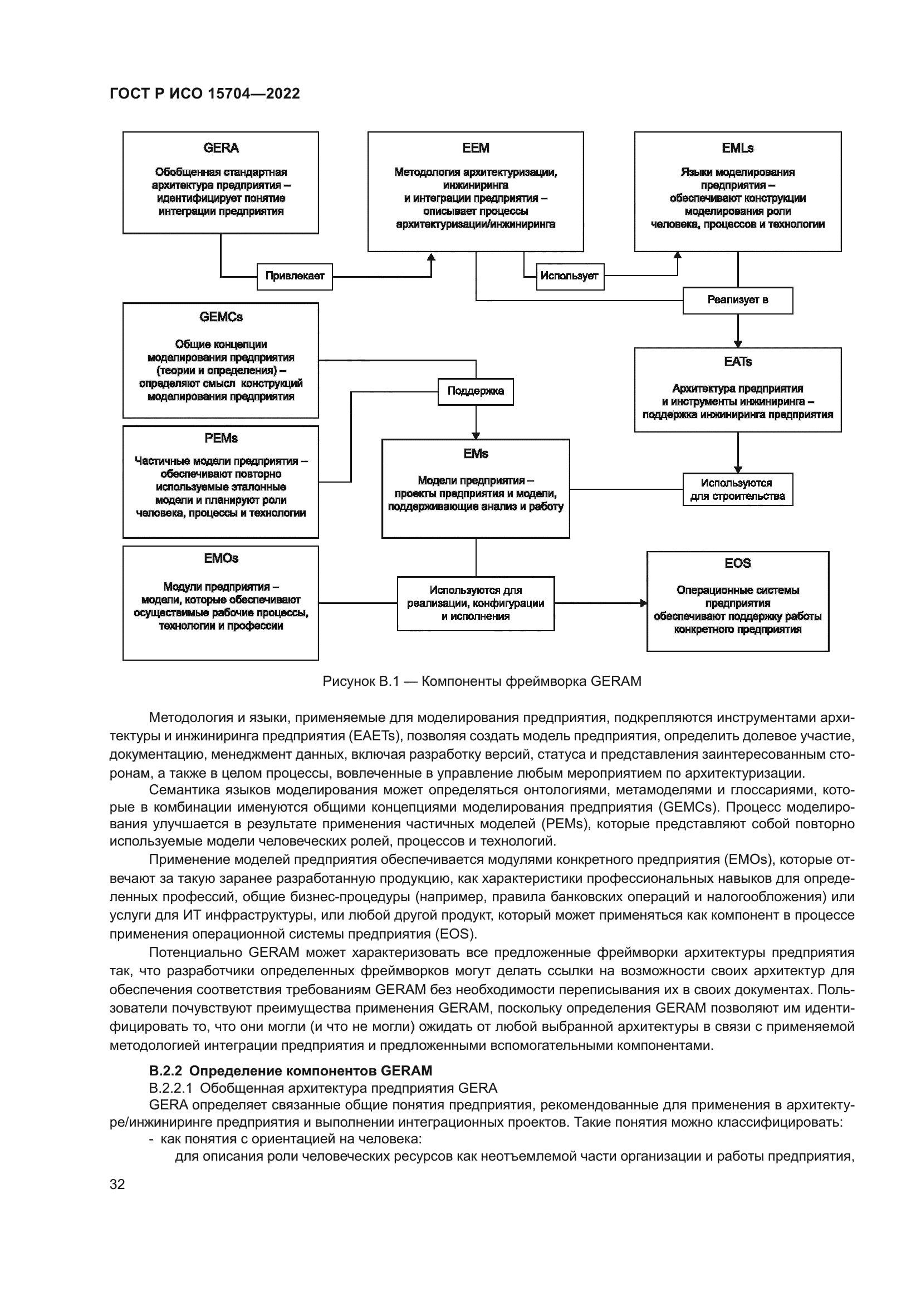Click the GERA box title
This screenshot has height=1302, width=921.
coord(221,148)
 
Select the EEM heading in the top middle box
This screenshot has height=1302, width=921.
coord(475,148)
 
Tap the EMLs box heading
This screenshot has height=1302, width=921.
coord(737,148)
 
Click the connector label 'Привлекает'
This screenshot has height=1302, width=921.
coord(295,276)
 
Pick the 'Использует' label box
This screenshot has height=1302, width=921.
coord(570,276)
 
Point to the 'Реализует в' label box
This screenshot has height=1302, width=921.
coord(737,300)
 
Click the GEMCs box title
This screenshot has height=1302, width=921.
coord(221,317)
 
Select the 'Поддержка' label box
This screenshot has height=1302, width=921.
coord(475,391)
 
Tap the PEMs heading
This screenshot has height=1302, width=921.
coord(221,438)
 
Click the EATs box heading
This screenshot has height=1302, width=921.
coord(737,362)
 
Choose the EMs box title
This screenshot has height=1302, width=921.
coord(475,454)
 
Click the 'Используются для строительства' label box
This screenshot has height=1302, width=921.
coord(737,489)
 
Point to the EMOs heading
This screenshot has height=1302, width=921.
coord(221,558)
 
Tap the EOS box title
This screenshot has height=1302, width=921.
coord(737,563)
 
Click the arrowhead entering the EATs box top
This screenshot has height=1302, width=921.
coord(738,343)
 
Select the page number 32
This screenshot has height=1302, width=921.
coord(117,1184)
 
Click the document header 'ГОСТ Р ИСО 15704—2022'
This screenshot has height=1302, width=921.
coord(205,94)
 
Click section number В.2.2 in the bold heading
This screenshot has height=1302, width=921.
coord(166,1070)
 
